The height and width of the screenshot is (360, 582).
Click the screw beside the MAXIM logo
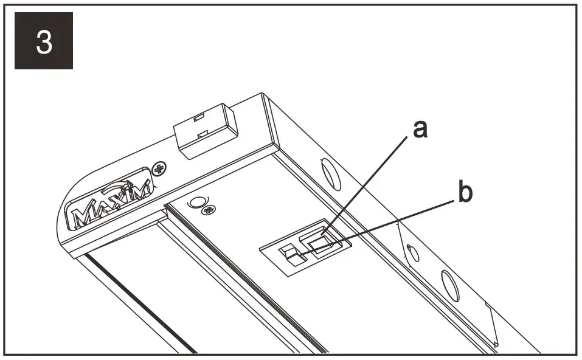161,168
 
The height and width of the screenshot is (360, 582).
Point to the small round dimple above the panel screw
198,201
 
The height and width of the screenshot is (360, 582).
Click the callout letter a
419,128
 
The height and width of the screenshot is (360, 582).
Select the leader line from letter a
365,182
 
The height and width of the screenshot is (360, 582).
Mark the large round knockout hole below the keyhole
449,285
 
